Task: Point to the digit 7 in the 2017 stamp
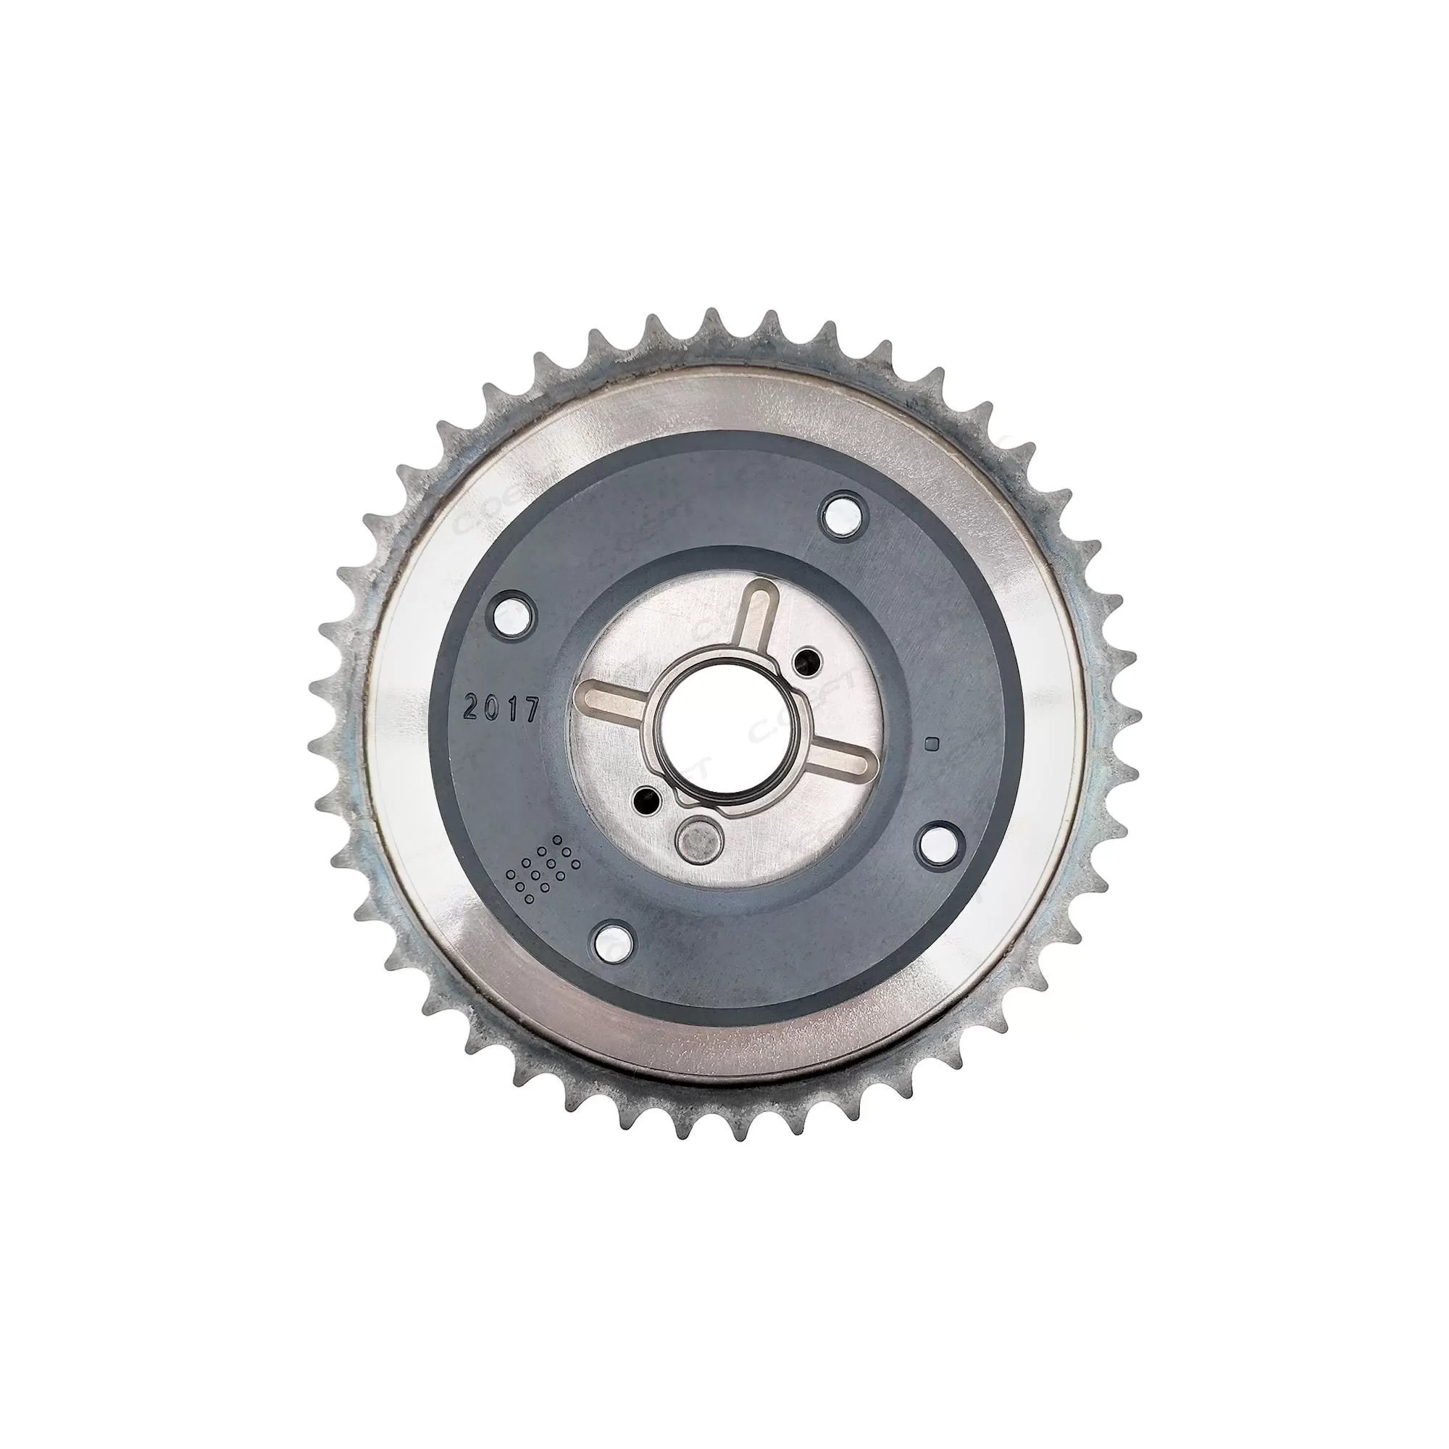click(x=531, y=709)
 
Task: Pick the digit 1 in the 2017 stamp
click(x=512, y=709)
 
